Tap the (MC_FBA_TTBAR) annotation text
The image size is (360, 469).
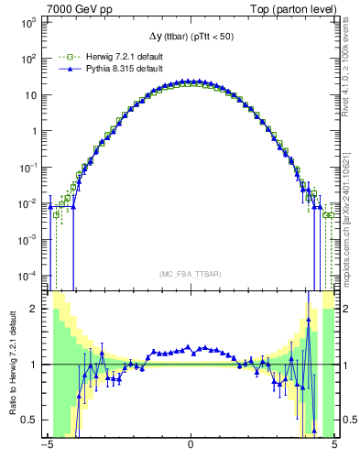pos(191,274)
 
